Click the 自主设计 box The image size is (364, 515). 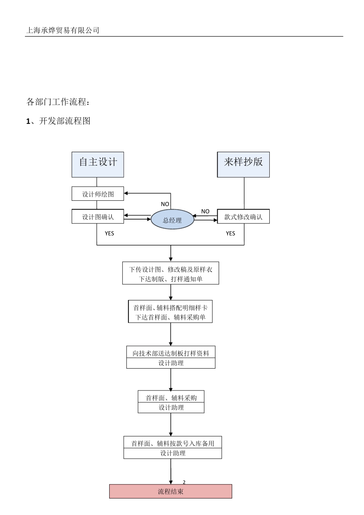[98, 164]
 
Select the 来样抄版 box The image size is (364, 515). [243, 164]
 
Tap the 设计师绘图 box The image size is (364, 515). [98, 194]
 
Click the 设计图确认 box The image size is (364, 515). [98, 216]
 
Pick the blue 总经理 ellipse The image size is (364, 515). [172, 220]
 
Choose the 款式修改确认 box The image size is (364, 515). [243, 216]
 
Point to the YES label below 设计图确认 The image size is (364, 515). [109, 233]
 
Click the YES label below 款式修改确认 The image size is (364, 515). [230, 233]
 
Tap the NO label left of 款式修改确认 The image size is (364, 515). [205, 211]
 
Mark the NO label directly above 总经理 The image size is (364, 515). [165, 204]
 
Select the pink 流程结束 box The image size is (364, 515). [171, 491]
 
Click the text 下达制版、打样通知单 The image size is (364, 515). [171, 279]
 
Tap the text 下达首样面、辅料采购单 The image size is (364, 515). [171, 317]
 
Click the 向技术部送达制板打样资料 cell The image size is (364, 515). [171, 353]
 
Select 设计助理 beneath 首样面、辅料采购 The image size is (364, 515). [171, 408]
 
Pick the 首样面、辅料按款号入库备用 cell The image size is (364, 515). [172, 443]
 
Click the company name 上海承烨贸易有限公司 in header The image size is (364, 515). [62, 30]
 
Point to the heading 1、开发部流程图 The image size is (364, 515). [58, 121]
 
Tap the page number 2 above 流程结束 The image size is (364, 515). [184, 482]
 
